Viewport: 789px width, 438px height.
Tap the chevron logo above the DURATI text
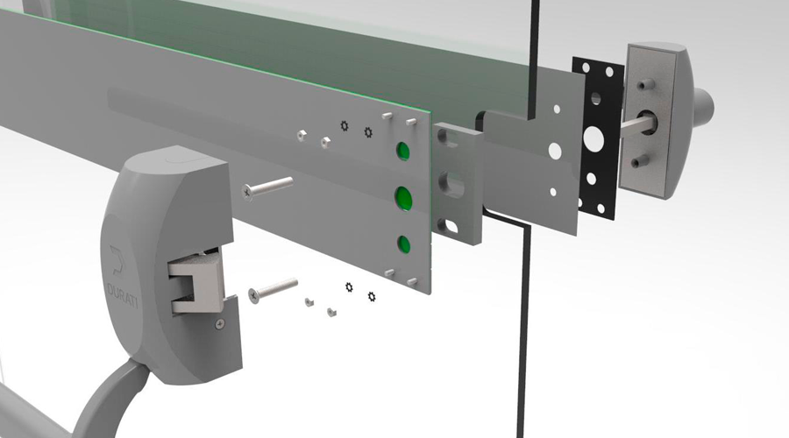point(117,260)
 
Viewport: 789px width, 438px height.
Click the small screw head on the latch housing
point(220,325)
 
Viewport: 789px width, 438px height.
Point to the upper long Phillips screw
point(267,187)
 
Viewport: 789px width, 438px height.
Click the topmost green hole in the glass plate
point(403,151)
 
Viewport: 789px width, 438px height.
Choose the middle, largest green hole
point(403,198)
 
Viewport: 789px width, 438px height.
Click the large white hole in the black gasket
point(594,138)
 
